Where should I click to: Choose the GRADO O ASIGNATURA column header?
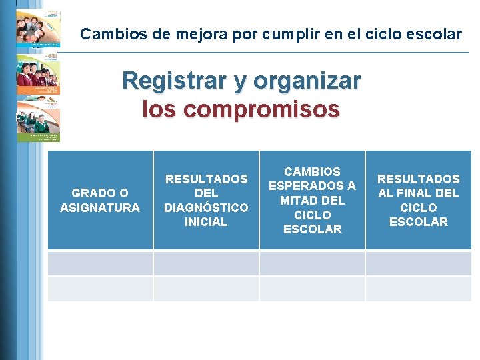click(100, 200)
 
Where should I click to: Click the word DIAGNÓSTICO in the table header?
click(206, 207)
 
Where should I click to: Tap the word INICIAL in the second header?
click(206, 222)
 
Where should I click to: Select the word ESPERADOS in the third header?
click(312, 186)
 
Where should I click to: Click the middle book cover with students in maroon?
click(38, 74)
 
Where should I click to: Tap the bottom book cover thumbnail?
click(38, 119)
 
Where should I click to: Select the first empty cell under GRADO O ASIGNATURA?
click(100, 263)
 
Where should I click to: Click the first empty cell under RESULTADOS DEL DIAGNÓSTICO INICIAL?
click(206, 263)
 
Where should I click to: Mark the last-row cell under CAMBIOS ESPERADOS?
click(312, 289)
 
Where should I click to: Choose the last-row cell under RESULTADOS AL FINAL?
click(418, 289)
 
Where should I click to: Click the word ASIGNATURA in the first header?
click(100, 208)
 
